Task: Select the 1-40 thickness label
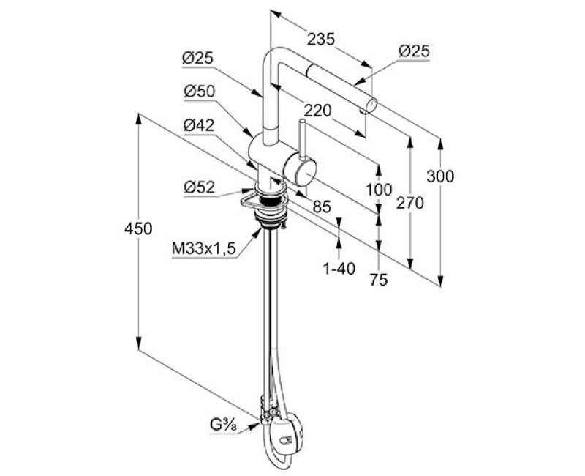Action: [339, 269]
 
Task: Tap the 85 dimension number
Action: [322, 207]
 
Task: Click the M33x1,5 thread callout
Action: [204, 250]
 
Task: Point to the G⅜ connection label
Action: [224, 424]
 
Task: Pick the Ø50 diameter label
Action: [199, 91]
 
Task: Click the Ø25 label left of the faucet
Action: [198, 56]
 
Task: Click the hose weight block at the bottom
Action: [287, 431]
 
